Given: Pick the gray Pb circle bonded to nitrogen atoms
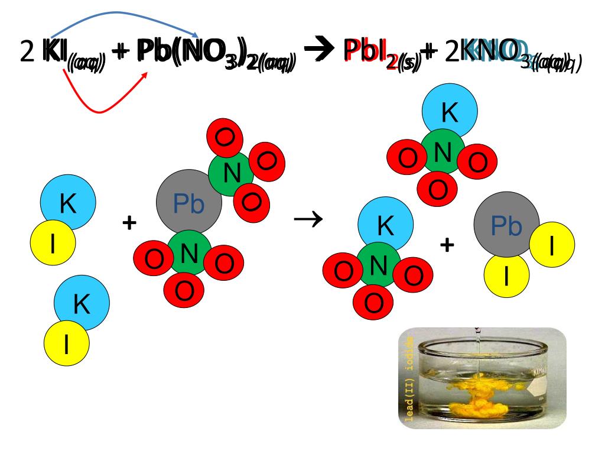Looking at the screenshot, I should [x=188, y=203].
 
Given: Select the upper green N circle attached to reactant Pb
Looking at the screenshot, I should [x=231, y=172].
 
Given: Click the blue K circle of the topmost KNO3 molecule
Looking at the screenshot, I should [x=450, y=114].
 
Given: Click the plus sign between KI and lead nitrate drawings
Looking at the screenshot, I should [x=129, y=223].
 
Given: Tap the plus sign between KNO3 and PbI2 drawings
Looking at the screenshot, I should [x=447, y=244].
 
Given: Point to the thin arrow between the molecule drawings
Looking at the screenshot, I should [x=308, y=220].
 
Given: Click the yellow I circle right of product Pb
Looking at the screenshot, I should [x=551, y=247].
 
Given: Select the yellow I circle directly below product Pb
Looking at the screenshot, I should [x=506, y=275].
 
